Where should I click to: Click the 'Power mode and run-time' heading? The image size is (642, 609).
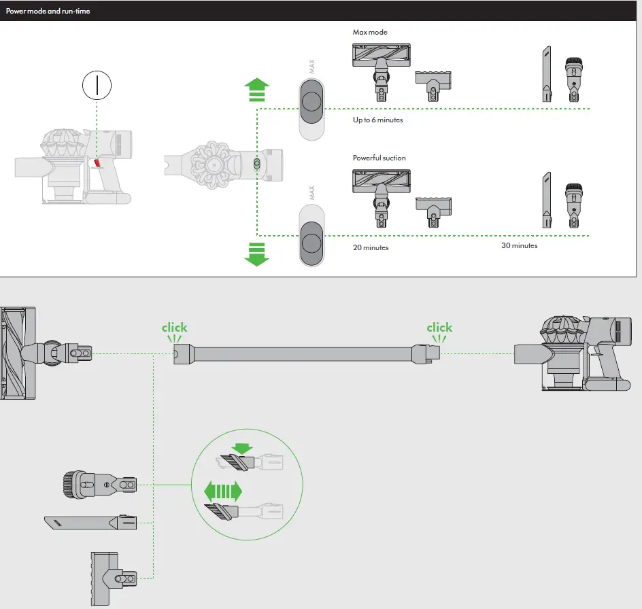coord(48,12)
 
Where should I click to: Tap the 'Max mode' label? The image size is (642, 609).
coord(370,33)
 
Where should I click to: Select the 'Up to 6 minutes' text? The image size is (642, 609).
coord(377,120)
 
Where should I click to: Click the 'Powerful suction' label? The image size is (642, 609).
coord(379,158)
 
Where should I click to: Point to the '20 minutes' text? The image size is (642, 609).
coord(371,248)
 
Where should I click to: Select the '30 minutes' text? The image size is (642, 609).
coord(519,245)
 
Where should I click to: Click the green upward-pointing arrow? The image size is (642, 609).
coord(256,90)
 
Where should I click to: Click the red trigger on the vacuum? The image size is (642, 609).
coord(97,164)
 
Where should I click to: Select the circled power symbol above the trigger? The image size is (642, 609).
coord(97,85)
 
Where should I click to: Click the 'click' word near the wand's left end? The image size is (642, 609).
coord(174,328)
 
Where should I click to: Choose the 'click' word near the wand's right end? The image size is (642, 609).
coord(439,328)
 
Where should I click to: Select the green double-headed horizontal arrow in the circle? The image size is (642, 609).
coord(223,491)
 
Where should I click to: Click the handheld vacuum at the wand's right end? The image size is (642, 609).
coord(578,353)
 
